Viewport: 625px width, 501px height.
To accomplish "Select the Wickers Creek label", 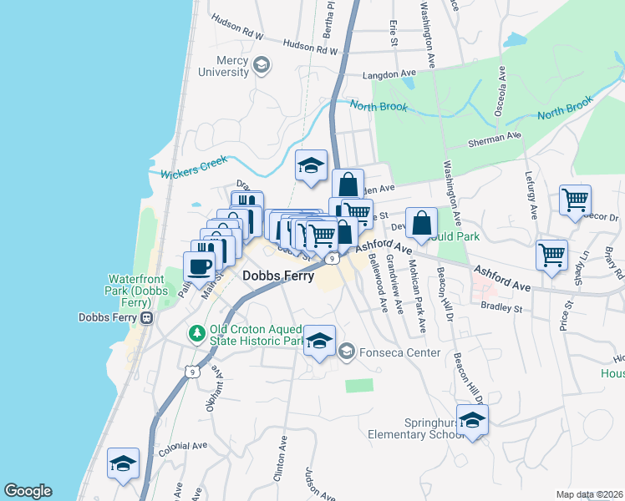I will [x=194, y=170].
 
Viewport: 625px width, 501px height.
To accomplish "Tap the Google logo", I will [x=28, y=491].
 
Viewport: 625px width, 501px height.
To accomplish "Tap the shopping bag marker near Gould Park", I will [x=422, y=224].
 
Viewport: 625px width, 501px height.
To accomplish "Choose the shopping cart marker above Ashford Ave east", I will [x=551, y=256].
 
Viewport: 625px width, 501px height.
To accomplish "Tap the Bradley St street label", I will [x=501, y=308].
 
